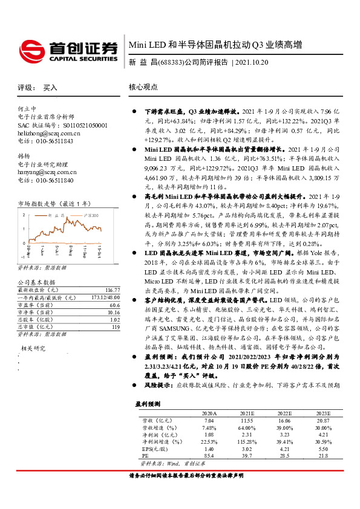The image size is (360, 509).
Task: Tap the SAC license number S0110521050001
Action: (73, 125)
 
